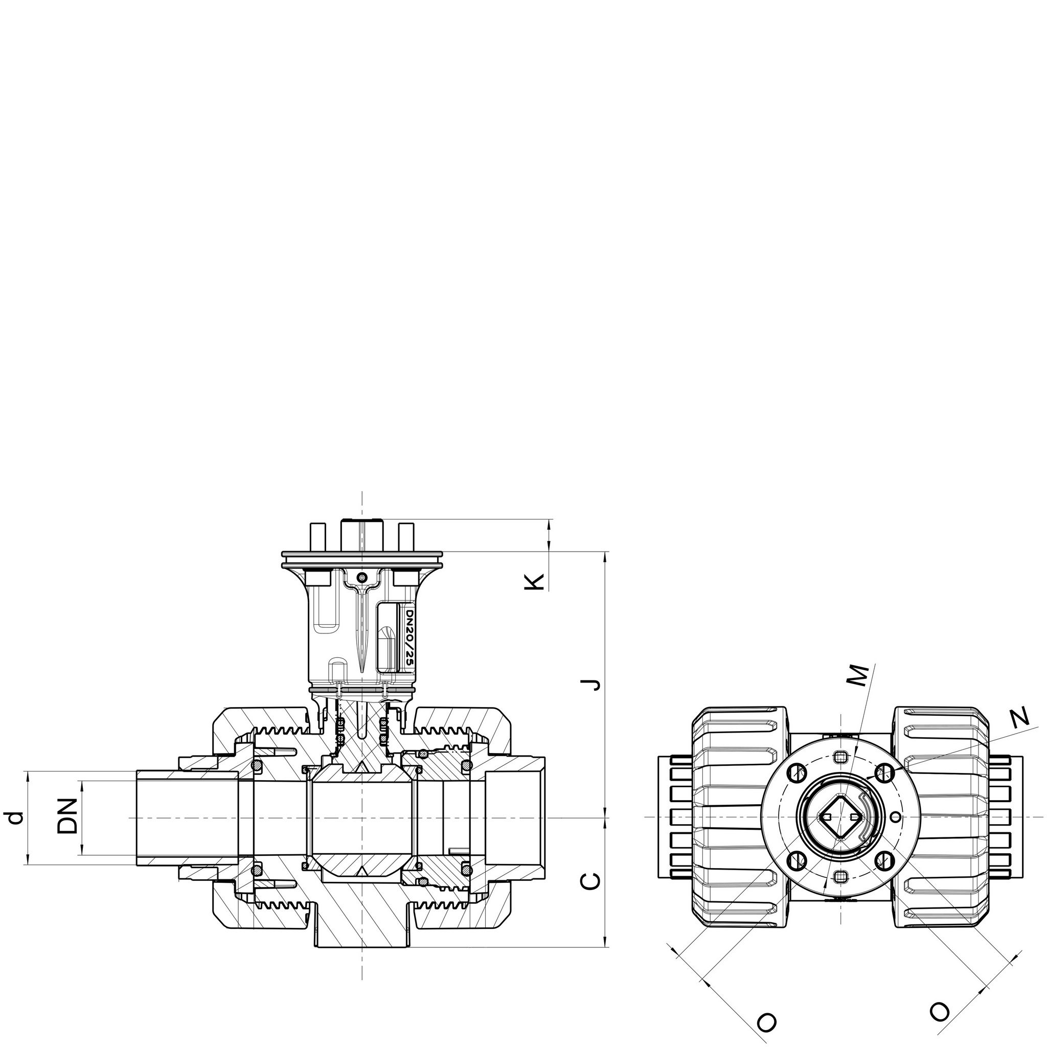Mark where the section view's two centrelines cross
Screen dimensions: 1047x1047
click(362, 816)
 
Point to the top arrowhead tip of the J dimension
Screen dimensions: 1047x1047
click(605, 552)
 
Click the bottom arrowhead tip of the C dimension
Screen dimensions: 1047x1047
click(605, 963)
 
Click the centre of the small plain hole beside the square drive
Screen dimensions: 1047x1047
click(896, 816)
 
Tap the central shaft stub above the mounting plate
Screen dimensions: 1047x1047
click(362, 535)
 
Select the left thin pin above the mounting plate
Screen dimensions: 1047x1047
click(316, 538)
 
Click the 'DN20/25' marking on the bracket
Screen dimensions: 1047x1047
click(408, 638)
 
